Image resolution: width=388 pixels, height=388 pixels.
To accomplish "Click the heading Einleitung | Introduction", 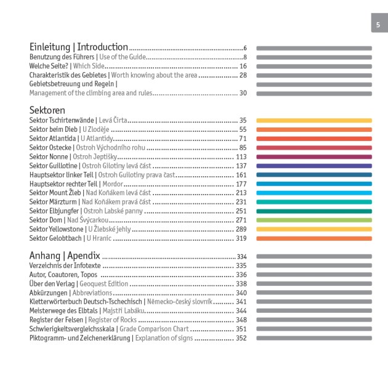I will pyautogui.click(x=78, y=47).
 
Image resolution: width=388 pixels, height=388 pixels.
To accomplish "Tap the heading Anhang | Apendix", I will pyautogui.click(x=65, y=256).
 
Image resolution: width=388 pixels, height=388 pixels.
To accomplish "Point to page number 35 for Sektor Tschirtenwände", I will pyautogui.click(x=243, y=121).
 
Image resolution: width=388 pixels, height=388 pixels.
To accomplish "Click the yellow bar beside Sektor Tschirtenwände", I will pyautogui.click(x=313, y=121).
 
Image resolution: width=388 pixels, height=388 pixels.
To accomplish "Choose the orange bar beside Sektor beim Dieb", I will pyautogui.click(x=313, y=130).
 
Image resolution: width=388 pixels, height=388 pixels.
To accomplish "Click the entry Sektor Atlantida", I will pyautogui.click(x=52, y=139).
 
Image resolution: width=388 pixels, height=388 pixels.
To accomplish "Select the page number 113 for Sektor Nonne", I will pyautogui.click(x=241, y=157).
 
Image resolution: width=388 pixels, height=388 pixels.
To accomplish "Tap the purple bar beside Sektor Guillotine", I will pyautogui.click(x=313, y=166).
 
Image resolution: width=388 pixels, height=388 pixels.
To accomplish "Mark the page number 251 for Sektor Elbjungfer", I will pyautogui.click(x=241, y=211).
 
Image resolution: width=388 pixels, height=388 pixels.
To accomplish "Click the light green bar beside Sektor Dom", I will pyautogui.click(x=313, y=220).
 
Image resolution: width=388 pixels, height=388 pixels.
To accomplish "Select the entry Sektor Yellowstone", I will pyautogui.click(x=56, y=229).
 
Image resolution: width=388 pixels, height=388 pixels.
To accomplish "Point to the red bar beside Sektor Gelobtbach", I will pyautogui.click(x=313, y=238).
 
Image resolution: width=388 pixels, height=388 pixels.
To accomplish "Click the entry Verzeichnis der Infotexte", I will pyautogui.click(x=65, y=266).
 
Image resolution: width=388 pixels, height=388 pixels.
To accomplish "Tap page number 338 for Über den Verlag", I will pyautogui.click(x=241, y=284).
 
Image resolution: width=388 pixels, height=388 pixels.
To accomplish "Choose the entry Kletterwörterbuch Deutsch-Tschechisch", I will pyautogui.click(x=85, y=302).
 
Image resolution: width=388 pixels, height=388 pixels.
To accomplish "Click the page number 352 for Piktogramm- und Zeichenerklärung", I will pyautogui.click(x=241, y=338).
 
